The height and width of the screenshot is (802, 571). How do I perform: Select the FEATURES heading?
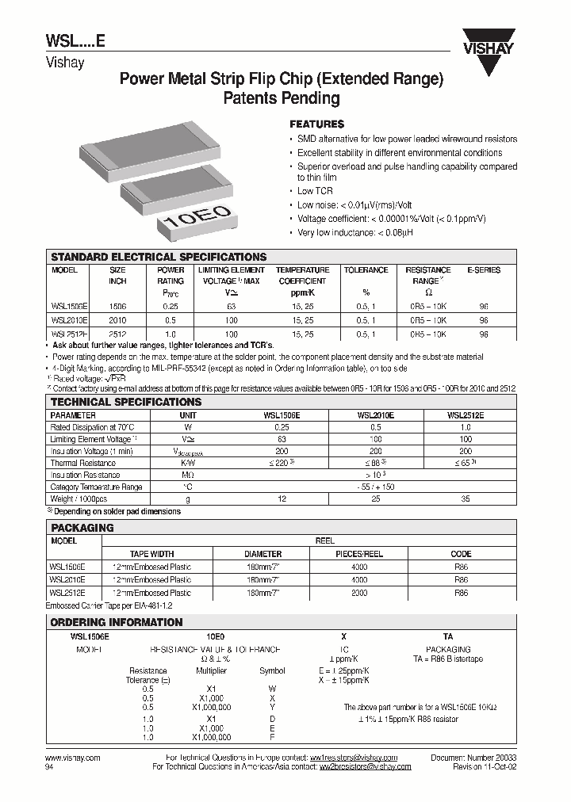coord(316,124)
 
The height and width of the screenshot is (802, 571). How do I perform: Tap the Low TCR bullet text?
coord(315,192)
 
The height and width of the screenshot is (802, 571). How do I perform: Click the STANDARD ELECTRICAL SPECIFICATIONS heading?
coord(159,258)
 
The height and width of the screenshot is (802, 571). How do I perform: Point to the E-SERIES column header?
coord(484,270)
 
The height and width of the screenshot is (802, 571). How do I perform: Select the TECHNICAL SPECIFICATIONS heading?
coord(126,403)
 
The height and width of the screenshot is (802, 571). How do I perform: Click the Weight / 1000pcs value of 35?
coord(465,499)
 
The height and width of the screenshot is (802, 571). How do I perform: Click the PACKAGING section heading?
coord(82,528)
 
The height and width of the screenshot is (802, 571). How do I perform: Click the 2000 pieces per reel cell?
coord(359,592)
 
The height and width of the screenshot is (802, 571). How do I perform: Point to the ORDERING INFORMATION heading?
coord(117,623)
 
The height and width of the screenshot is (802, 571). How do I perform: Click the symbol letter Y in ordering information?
coord(272,707)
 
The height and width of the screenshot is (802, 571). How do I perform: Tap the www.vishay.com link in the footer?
coord(73,758)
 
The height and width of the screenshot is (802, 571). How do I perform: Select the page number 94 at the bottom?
coord(52,766)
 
